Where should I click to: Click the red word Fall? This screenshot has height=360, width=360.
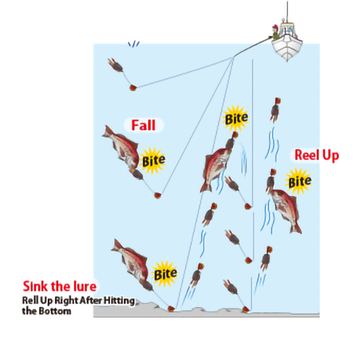[143, 125]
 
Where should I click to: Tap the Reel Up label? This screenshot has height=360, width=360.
[317, 155]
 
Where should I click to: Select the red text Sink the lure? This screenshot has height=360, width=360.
[60, 286]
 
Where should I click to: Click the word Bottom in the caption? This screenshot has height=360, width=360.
[55, 312]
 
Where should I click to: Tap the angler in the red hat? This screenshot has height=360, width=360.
[275, 33]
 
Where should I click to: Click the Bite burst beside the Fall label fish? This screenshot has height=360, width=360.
[153, 161]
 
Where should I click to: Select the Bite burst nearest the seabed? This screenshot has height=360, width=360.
[165, 274]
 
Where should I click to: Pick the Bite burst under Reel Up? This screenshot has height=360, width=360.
[299, 181]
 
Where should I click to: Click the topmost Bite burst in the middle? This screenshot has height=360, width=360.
[236, 118]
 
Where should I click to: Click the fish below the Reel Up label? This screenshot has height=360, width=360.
[285, 210]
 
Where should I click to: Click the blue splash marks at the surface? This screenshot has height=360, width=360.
[134, 44]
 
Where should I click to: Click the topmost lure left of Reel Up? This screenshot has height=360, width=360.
[275, 109]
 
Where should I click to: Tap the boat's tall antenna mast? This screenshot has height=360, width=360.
[287, 12]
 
